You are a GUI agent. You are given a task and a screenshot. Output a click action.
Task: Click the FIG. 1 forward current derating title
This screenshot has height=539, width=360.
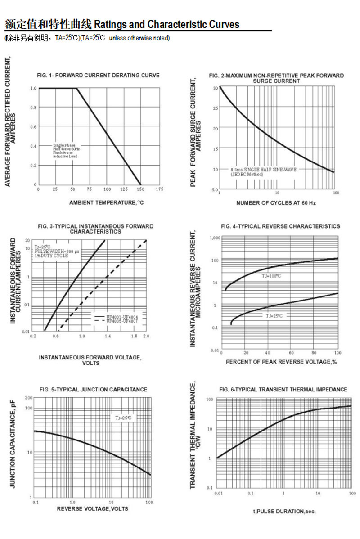[x=98, y=75]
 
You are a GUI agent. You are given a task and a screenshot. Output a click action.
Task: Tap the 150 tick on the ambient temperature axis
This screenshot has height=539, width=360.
[x=140, y=189]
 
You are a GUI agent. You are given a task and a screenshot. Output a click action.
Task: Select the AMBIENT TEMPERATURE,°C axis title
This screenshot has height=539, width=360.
[x=107, y=203]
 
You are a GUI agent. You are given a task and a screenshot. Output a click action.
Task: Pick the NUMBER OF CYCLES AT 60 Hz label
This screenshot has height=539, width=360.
[x=276, y=203]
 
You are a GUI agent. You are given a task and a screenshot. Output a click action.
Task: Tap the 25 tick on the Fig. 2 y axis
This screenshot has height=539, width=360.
[x=216, y=108]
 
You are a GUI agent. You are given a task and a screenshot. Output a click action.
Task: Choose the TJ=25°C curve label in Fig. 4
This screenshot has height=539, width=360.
[x=274, y=316]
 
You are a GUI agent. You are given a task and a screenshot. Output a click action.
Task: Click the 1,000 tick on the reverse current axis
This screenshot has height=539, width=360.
[x=214, y=237]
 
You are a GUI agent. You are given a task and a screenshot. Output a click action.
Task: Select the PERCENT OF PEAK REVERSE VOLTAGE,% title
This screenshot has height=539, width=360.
[x=281, y=362]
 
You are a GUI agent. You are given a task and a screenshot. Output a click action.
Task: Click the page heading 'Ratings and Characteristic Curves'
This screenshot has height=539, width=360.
[x=167, y=24]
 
